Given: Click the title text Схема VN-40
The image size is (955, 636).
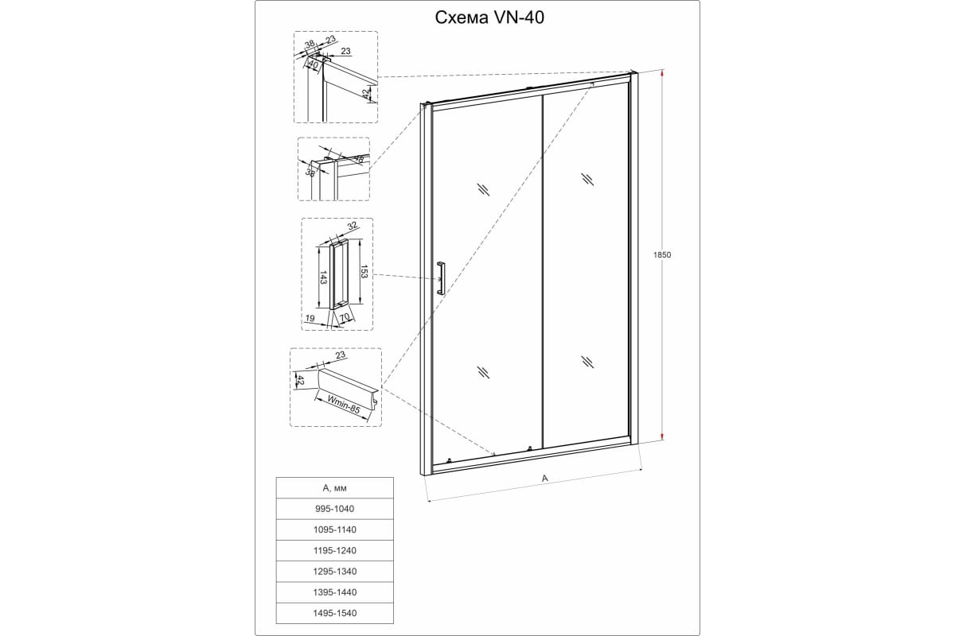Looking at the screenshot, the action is click(x=489, y=18).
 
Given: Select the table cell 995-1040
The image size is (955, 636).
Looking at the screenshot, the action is click(x=335, y=509).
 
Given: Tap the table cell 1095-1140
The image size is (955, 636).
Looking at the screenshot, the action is click(x=335, y=529).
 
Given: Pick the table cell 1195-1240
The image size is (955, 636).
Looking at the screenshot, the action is click(x=335, y=550).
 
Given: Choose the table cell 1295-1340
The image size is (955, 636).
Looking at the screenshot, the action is click(x=335, y=572).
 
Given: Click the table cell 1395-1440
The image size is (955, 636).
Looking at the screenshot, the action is click(x=335, y=592).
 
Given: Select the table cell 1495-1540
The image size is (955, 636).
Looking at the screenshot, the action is click(x=335, y=613).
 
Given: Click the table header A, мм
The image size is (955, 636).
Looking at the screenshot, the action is click(x=335, y=488).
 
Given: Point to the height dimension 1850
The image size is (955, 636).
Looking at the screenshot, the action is click(x=662, y=254).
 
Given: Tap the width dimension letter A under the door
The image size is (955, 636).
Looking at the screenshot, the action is click(x=544, y=479).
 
